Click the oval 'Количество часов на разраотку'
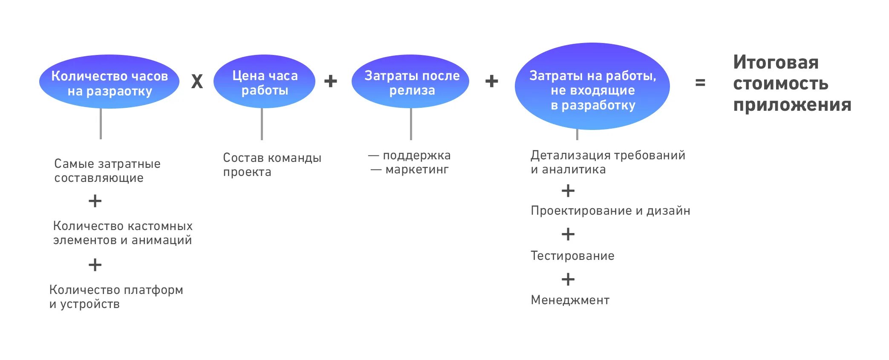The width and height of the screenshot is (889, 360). (109, 82)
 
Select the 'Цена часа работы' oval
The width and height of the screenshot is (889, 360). (264, 82)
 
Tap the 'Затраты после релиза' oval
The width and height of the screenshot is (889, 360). (410, 82)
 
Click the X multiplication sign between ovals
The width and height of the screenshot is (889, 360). (197, 81)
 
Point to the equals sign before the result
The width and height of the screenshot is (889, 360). (700, 83)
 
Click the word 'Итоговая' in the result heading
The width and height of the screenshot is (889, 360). (776, 63)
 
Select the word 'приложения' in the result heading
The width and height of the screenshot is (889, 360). (792, 105)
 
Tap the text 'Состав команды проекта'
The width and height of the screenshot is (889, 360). (272, 164)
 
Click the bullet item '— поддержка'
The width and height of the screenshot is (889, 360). (409, 156)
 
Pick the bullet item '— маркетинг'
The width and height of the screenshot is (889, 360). (410, 170)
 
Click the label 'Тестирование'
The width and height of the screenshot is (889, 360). (572, 256)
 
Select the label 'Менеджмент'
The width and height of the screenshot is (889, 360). (570, 300)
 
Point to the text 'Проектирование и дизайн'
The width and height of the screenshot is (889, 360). (610, 210)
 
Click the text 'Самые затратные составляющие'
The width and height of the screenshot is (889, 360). (107, 170)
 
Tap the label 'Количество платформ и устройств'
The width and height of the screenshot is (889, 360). (116, 297)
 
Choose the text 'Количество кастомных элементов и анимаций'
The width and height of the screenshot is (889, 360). (123, 233)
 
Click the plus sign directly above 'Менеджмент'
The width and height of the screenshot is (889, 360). (568, 279)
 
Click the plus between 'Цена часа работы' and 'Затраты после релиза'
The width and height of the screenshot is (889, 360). (330, 81)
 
